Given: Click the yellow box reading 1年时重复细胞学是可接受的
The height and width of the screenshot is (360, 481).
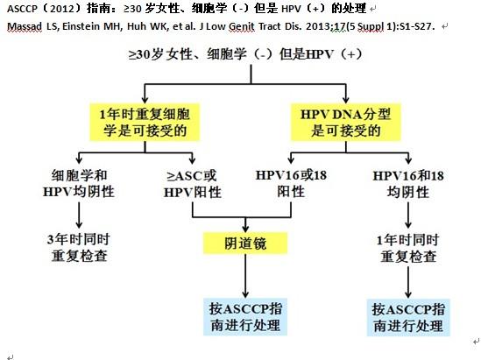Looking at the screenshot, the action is click(145, 123).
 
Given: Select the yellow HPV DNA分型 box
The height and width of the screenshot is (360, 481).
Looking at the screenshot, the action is click(346, 123).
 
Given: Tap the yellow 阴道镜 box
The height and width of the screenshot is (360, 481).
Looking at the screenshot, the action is click(245, 244).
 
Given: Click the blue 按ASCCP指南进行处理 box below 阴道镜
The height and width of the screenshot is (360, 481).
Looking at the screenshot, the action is click(245, 317).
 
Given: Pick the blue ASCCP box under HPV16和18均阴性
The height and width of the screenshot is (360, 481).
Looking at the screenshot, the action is click(408, 317).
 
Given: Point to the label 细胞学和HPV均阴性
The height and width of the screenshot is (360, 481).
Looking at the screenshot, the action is click(79, 184).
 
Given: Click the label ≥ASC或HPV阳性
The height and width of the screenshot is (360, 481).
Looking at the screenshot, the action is click(193, 184).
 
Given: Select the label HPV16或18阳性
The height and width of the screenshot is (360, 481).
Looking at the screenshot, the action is click(291, 184).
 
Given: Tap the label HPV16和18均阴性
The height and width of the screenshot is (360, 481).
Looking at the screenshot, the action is click(408, 184).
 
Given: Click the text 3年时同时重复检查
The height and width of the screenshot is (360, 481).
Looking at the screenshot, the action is click(79, 248).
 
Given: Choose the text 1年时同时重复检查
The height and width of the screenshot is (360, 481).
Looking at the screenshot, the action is click(408, 248).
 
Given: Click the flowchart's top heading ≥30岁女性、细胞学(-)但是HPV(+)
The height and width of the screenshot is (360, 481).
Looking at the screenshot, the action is click(245, 54).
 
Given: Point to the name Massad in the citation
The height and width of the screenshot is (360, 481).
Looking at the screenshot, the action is click(25, 26).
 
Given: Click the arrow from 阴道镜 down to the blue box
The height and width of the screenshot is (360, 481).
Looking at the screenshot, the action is click(245, 276).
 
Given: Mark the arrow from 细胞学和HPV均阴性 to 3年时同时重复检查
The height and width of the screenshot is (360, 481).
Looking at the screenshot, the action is click(79, 215).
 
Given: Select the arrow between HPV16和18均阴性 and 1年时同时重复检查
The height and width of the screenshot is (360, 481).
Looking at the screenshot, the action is click(408, 215).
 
